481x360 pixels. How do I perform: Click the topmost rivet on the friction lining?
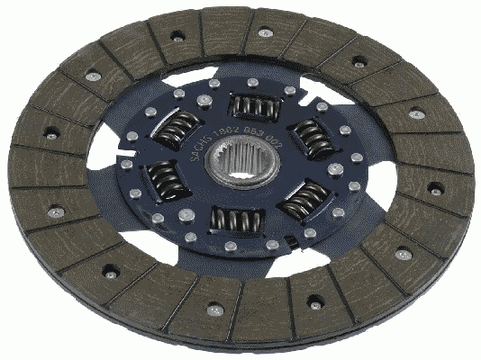[x=264, y=32]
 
